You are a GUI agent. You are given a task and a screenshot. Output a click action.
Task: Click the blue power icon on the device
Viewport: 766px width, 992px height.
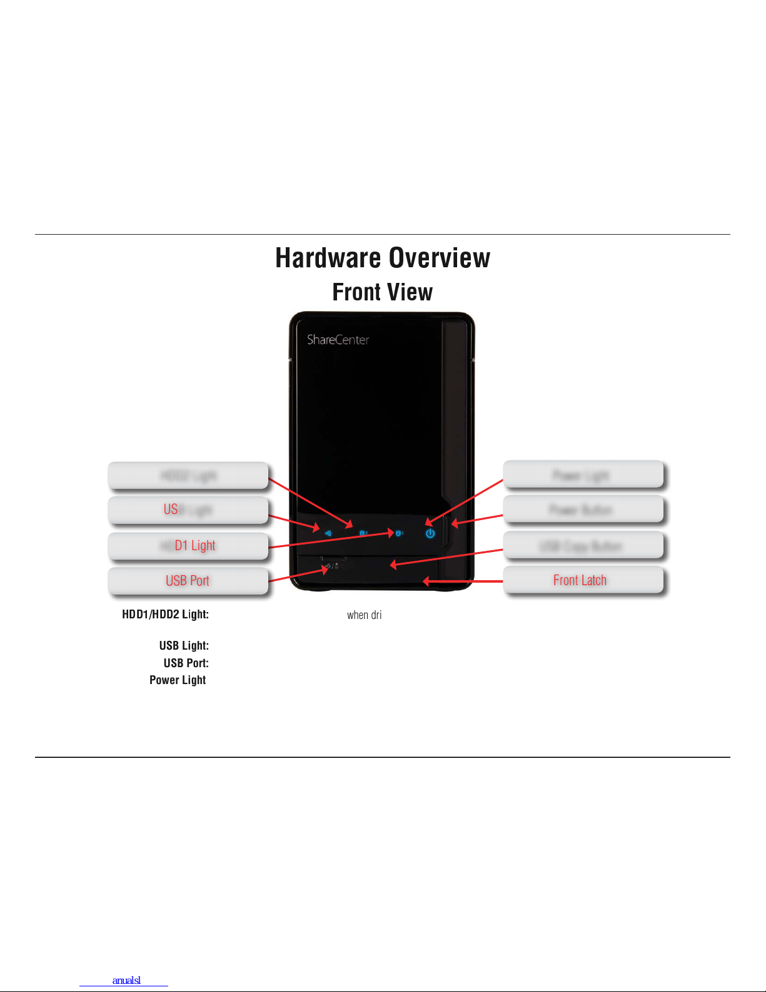click(x=430, y=534)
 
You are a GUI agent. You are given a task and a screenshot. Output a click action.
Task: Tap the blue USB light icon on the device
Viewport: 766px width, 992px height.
click(x=328, y=533)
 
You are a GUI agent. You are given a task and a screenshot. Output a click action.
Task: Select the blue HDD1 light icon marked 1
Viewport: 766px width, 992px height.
click(x=400, y=533)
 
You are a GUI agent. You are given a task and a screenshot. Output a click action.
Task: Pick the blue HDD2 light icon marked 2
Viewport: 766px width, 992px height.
click(x=363, y=533)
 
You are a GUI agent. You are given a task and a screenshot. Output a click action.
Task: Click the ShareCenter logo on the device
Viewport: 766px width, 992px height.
click(x=338, y=340)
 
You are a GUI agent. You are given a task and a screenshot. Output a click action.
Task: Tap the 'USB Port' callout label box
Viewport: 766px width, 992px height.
click(x=188, y=581)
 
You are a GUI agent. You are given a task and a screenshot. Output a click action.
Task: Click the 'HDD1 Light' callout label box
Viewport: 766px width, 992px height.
click(x=188, y=546)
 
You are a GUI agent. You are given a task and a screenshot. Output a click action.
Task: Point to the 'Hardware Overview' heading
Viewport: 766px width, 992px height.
click(x=383, y=258)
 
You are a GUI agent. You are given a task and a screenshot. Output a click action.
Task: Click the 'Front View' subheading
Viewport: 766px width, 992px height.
click(x=383, y=292)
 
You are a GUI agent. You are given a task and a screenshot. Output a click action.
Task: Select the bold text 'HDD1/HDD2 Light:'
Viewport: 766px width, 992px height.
click(x=165, y=615)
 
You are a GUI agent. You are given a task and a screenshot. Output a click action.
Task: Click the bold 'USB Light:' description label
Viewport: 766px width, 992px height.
click(x=184, y=646)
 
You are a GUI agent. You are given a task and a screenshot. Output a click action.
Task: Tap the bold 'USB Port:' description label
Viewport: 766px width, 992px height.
click(x=186, y=663)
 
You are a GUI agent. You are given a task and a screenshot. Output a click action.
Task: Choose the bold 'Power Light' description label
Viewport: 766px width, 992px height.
click(x=178, y=680)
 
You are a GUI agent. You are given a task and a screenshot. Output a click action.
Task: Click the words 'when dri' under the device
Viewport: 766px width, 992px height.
click(x=365, y=615)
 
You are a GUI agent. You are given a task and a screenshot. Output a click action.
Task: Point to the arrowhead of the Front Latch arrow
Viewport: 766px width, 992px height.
click(x=426, y=581)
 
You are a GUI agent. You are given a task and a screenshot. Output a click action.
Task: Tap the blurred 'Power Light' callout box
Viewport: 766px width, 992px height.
click(x=583, y=475)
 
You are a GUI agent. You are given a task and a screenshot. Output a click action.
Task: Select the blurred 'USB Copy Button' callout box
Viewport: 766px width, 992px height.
click(x=583, y=546)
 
